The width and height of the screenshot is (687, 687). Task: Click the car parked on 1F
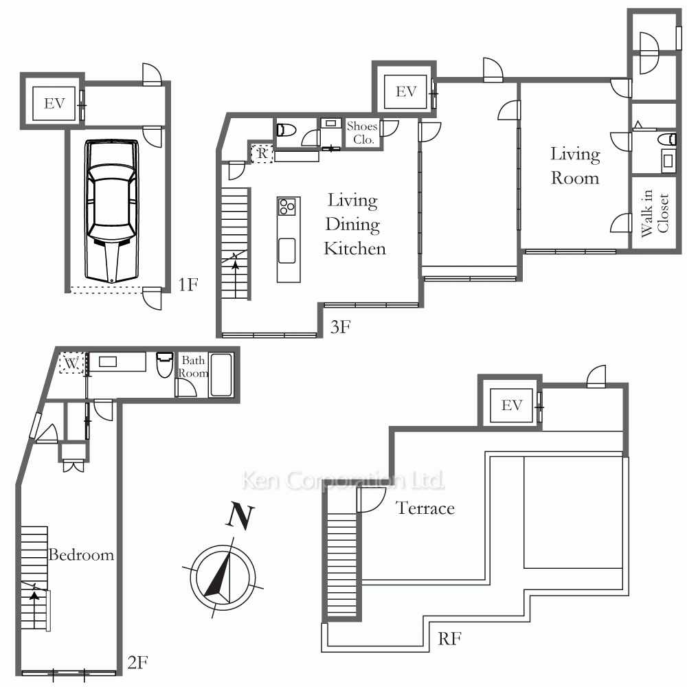pyautogui.click(x=111, y=211)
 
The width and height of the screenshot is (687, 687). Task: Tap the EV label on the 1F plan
pyautogui.click(x=54, y=104)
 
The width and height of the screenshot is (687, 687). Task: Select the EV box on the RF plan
pyautogui.click(x=512, y=405)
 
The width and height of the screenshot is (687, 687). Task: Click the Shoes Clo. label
pyautogui.click(x=362, y=133)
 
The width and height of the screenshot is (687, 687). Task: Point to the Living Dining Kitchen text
pyautogui.click(x=354, y=225)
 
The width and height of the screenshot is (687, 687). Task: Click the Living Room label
pyautogui.click(x=575, y=166)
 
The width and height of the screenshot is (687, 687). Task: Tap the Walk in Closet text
pyautogui.click(x=655, y=214)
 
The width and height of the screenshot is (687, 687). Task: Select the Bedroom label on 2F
pyautogui.click(x=81, y=554)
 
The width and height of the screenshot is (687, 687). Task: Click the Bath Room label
pyautogui.click(x=193, y=367)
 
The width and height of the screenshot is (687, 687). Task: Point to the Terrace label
pyautogui.click(x=425, y=508)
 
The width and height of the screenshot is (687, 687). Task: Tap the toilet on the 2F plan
pyautogui.click(x=165, y=365)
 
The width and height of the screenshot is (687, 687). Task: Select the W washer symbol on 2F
pyautogui.click(x=71, y=363)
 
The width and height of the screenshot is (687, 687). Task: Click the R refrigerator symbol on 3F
pyautogui.click(x=262, y=153)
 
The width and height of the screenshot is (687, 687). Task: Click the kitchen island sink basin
pyautogui.click(x=286, y=251)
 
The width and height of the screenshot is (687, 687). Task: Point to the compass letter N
pyautogui.click(x=240, y=517)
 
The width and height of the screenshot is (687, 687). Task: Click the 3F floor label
pyautogui.click(x=341, y=327)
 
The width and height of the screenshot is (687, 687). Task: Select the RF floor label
pyautogui.click(x=449, y=639)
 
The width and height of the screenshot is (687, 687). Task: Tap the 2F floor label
pyautogui.click(x=137, y=662)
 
